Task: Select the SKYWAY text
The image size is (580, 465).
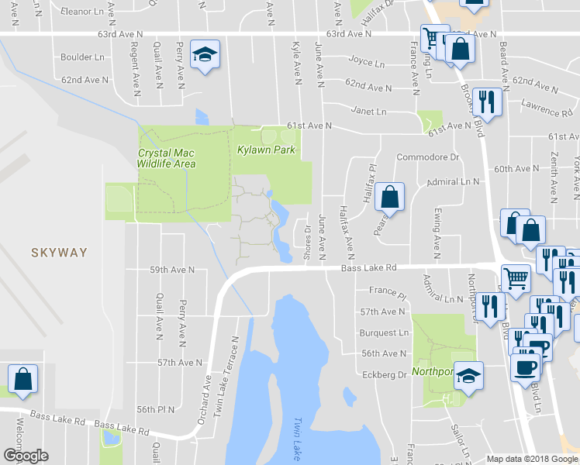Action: [x=59, y=252]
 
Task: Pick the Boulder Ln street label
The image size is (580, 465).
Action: [x=82, y=57]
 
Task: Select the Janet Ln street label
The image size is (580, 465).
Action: [x=368, y=110]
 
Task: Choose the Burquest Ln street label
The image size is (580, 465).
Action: [x=383, y=332]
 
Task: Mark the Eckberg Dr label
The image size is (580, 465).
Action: [x=385, y=374]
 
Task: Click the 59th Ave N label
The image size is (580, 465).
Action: [x=172, y=270]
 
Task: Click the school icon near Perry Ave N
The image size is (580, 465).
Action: [x=205, y=54]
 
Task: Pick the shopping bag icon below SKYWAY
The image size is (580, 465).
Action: [x=23, y=380]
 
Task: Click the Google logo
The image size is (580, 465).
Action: [x=26, y=456]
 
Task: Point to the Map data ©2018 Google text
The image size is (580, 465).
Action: [x=532, y=458]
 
